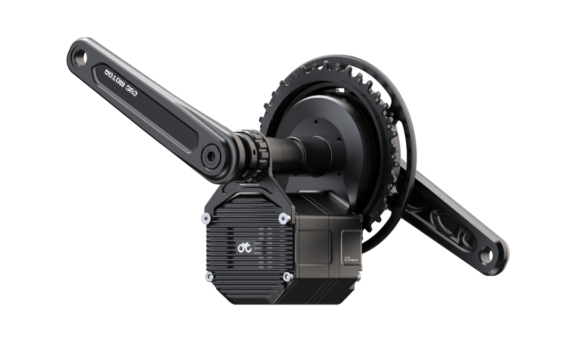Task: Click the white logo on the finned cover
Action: pyautogui.click(x=245, y=247)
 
